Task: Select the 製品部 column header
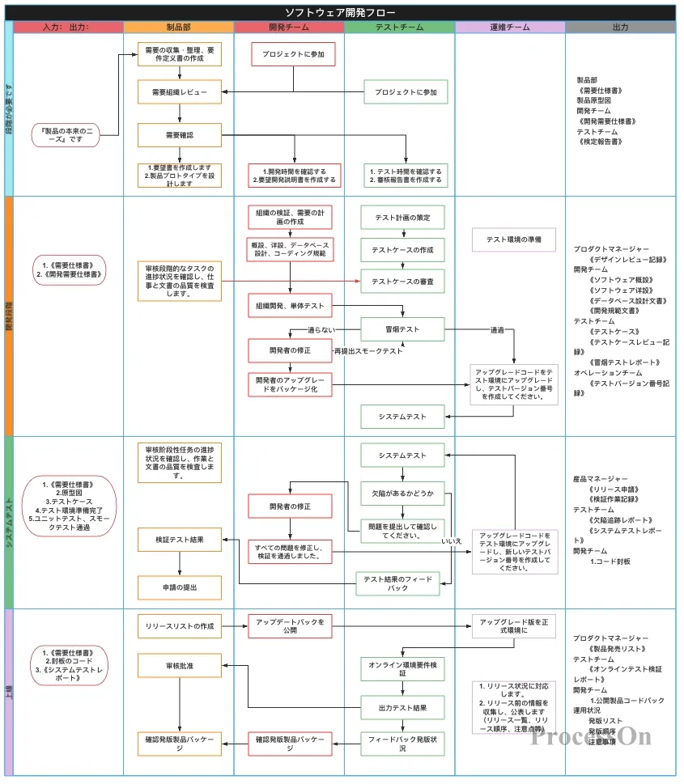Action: (x=179, y=28)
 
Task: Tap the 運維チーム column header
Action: (x=510, y=28)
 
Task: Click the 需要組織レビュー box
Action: (x=179, y=92)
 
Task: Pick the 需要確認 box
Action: (x=179, y=134)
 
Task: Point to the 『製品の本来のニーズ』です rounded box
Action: (x=66, y=135)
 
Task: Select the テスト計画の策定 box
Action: (x=402, y=218)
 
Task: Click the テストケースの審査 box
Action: (x=402, y=281)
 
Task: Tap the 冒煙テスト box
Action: (x=402, y=329)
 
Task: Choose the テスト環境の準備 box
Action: (x=514, y=239)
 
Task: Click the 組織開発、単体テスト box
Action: (x=289, y=305)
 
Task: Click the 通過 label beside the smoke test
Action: (x=496, y=330)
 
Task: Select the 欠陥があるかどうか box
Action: (x=402, y=493)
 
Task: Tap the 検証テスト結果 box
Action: (x=179, y=539)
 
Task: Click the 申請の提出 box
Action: (x=179, y=587)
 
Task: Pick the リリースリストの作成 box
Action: (x=179, y=626)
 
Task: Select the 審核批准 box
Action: (x=179, y=665)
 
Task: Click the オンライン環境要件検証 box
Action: (x=402, y=668)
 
